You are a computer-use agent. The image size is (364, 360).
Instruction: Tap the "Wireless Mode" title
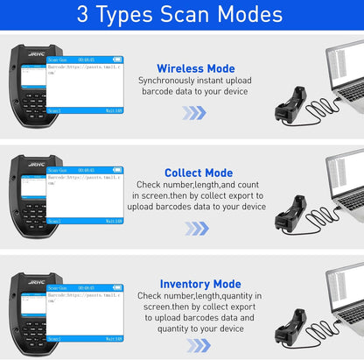click(195, 67)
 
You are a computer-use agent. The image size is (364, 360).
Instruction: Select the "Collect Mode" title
click(198, 173)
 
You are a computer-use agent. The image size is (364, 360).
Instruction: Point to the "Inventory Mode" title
click(200, 284)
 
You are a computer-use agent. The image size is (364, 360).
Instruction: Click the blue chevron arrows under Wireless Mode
click(194, 113)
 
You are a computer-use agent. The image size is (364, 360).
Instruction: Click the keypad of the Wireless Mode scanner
click(32, 104)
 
